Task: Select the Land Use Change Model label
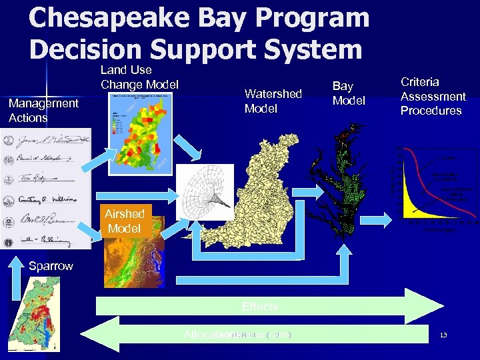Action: point(139,77)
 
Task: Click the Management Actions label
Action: point(43,111)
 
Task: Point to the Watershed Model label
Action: point(273,101)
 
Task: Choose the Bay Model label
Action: point(349,93)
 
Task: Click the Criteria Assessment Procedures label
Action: point(433,96)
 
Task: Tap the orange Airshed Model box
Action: point(125,221)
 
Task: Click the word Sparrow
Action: point(51,266)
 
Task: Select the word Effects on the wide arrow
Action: point(260,307)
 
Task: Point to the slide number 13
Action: point(443,335)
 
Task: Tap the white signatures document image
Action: point(45,188)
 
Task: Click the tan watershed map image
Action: point(263,193)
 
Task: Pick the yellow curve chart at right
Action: point(437,183)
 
